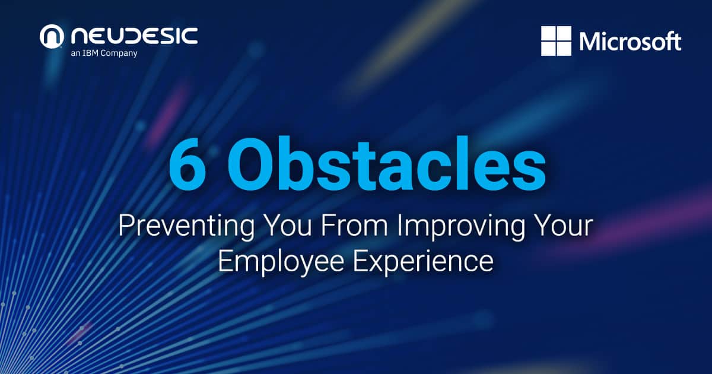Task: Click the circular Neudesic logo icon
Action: (x=52, y=37)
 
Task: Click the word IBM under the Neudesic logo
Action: (x=98, y=53)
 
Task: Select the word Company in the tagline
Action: (x=122, y=53)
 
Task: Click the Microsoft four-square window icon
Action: (x=556, y=41)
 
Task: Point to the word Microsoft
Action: (x=630, y=42)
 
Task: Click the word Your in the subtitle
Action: (x=562, y=227)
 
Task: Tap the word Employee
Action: (x=278, y=262)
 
